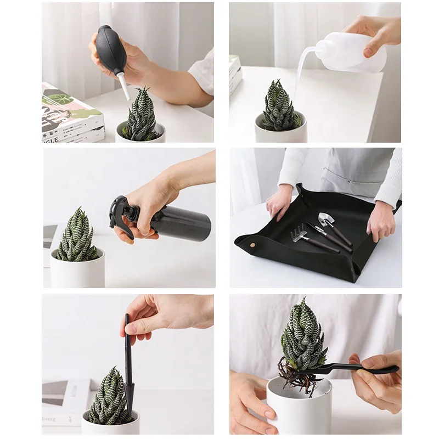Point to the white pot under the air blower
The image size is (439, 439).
tap(140, 134)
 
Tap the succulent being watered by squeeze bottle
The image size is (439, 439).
tap(279, 108)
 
